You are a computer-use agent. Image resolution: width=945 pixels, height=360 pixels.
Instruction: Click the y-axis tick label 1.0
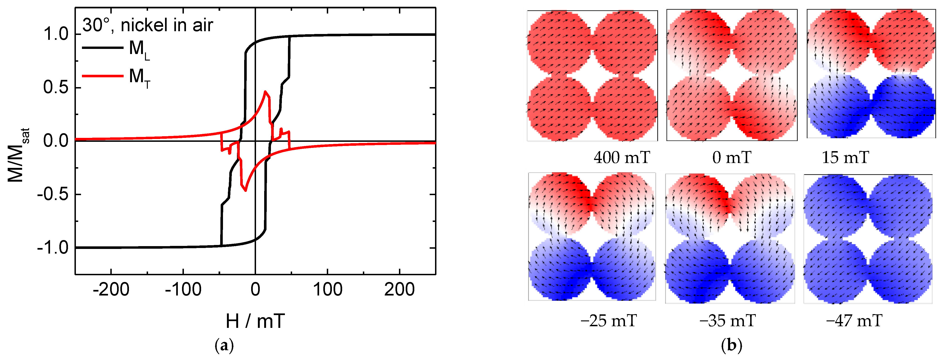[56, 34]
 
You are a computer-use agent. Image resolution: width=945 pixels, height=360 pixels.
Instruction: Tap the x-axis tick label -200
[111, 289]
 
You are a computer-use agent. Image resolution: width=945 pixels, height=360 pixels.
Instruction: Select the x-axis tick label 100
[327, 289]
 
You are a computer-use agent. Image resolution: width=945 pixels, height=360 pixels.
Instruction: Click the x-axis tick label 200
[399, 289]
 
